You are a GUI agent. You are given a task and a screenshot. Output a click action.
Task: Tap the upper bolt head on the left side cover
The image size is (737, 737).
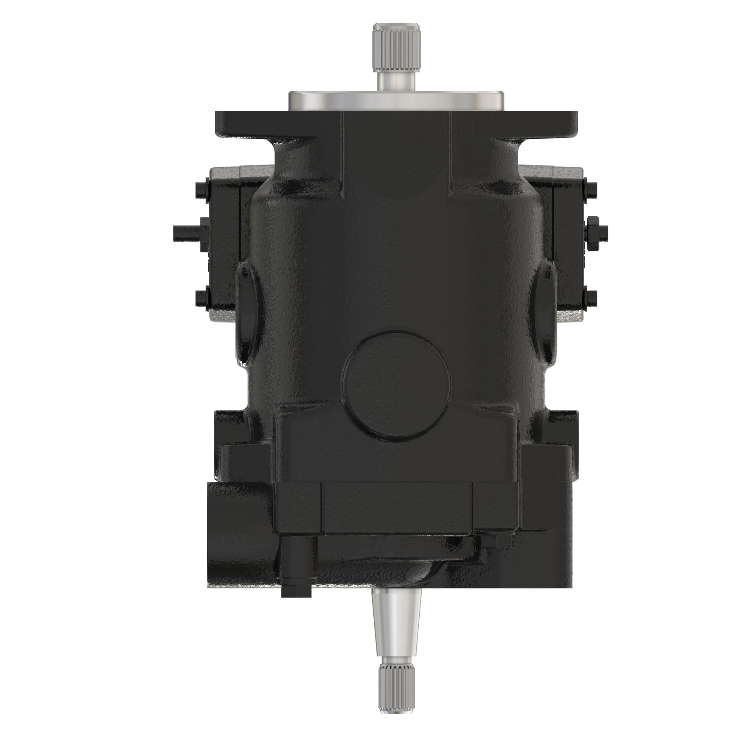tap(201, 189)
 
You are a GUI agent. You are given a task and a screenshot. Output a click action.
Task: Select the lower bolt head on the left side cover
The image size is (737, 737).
tap(202, 298)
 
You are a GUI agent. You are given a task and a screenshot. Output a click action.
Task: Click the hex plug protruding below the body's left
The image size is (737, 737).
tap(296, 590)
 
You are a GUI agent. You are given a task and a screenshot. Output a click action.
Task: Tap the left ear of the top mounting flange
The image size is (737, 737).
tap(244, 124)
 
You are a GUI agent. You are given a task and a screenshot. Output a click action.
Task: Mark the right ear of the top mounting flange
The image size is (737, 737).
tap(549, 124)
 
